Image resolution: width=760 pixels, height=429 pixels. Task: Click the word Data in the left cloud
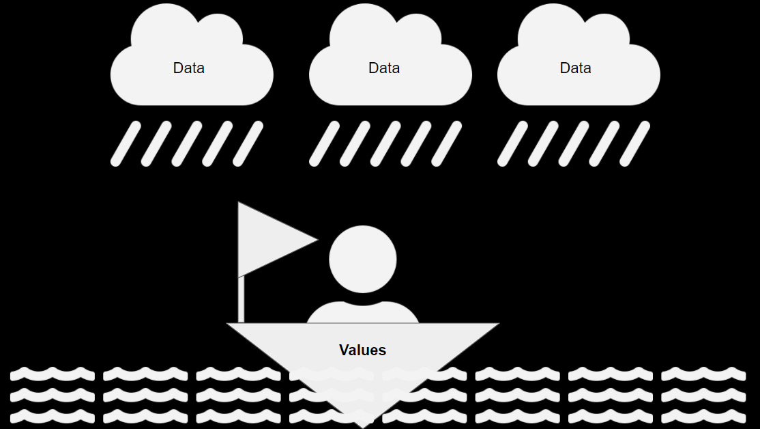point(189,68)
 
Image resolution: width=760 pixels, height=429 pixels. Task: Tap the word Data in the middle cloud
point(384,68)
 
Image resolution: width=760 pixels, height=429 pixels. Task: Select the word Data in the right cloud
point(575,68)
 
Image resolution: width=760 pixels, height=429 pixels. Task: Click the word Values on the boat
point(362,350)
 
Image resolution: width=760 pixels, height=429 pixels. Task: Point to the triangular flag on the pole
point(269,239)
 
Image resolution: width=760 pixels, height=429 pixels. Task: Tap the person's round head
point(362,259)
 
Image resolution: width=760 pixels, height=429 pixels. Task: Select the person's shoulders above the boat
point(362,314)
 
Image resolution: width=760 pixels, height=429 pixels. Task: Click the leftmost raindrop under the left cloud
point(126,143)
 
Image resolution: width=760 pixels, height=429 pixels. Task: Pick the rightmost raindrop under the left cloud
point(248,143)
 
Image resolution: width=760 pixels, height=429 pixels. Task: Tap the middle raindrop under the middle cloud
point(385,143)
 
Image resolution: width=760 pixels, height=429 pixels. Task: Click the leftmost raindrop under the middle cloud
point(324,143)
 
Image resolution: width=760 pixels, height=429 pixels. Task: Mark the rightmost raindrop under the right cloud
point(634,143)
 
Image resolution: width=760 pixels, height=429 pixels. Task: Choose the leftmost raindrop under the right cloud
point(512,143)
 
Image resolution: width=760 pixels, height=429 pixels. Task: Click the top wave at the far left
point(53,374)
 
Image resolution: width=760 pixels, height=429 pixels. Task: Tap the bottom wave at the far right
point(703,415)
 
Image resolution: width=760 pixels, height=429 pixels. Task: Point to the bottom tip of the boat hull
point(362,424)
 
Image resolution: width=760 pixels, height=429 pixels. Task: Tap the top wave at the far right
point(703,374)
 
